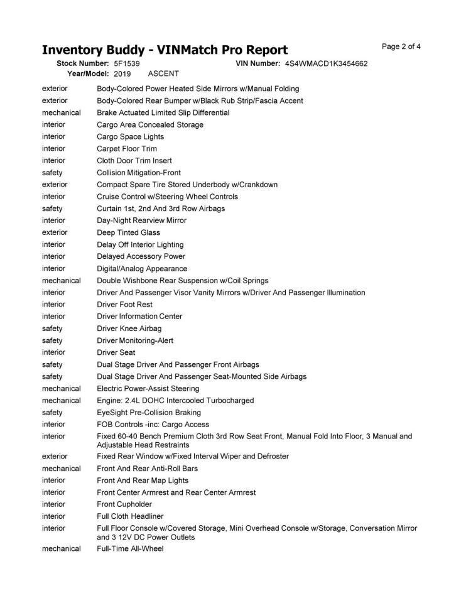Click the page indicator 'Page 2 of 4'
point(401,46)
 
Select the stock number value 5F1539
point(126,64)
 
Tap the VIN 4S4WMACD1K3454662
point(326,64)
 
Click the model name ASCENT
point(163,74)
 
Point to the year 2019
point(122,74)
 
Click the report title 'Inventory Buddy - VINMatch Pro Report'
point(165,50)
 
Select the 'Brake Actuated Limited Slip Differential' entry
point(163,113)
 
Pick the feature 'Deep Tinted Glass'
point(128,232)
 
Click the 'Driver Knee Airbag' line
point(129,329)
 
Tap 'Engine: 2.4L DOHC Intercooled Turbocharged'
point(175,400)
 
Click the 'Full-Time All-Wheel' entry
point(130,549)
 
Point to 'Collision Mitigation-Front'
point(139,173)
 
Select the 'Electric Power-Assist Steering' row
point(148,388)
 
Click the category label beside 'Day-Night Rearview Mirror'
point(53,220)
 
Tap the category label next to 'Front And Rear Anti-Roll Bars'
point(61,469)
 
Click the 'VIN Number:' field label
point(257,64)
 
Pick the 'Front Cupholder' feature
point(124,504)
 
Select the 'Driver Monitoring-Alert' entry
point(135,340)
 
